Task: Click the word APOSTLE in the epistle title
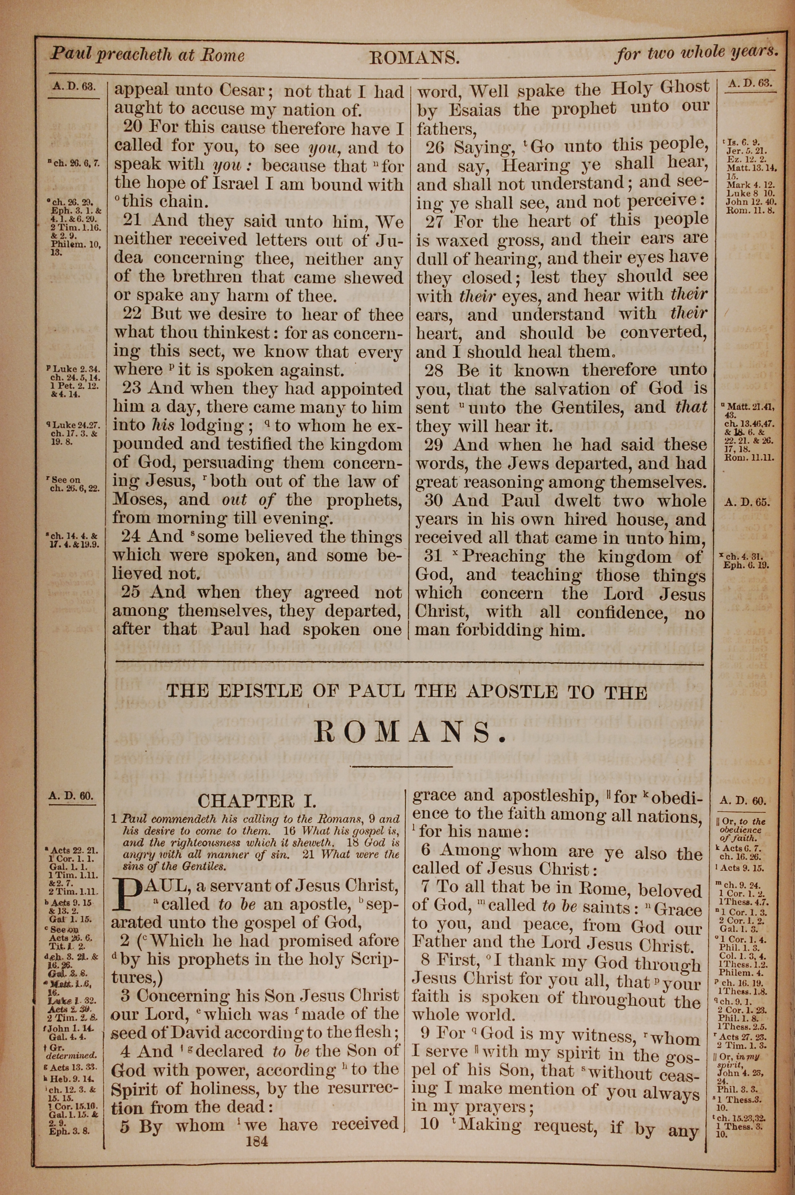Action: pos(508,692)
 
